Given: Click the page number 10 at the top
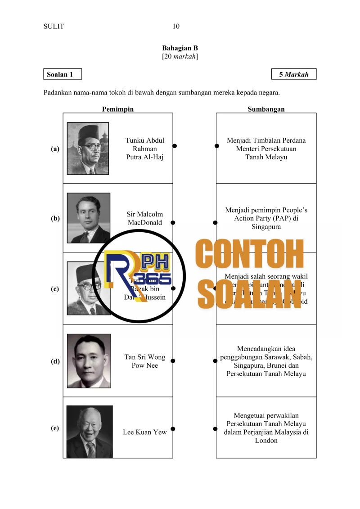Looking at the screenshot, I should click(x=176, y=27).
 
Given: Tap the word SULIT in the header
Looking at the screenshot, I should click(x=54, y=27).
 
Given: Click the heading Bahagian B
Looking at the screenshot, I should click(x=180, y=48).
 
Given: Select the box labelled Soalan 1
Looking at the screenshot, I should click(x=63, y=74).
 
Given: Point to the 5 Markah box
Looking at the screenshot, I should click(x=294, y=74).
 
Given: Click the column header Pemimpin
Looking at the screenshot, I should click(x=117, y=109).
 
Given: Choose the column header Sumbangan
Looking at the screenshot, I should click(x=266, y=109).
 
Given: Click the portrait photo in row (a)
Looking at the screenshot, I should click(x=88, y=148).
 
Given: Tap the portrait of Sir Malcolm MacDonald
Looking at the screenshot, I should click(x=88, y=218).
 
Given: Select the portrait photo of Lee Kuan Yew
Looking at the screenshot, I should click(x=90, y=431).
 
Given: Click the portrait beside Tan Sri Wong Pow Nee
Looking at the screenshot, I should click(x=89, y=361).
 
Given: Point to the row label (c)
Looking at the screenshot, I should click(x=55, y=289).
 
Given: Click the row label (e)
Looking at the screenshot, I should click(x=55, y=428).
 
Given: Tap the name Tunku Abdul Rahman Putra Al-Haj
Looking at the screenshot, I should click(x=145, y=149).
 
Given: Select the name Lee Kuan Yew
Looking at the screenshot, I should click(x=144, y=432).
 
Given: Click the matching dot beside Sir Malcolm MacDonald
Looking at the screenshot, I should click(x=173, y=222).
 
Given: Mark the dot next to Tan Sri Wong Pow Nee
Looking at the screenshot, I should click(x=173, y=361).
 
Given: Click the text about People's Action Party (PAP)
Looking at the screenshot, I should click(x=266, y=219).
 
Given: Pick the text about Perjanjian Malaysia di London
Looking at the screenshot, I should click(x=266, y=428).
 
